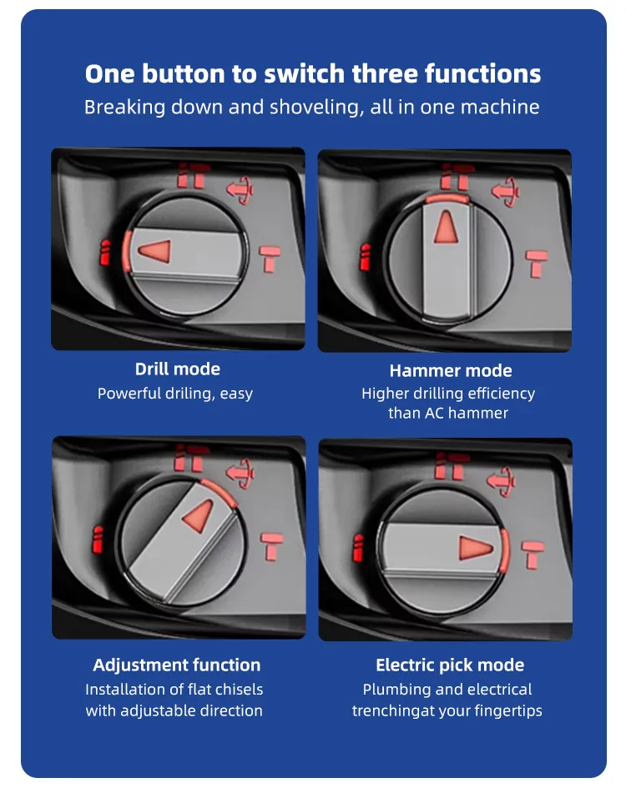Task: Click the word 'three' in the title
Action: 385,73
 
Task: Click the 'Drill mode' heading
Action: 178,369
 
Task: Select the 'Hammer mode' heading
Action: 451,370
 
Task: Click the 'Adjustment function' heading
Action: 177,665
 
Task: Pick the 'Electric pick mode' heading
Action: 450,665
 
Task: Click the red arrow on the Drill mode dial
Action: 154,251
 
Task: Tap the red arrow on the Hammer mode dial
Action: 446,227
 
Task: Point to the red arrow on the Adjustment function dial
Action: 199,515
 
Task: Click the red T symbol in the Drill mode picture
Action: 270,258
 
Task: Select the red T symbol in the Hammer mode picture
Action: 537,264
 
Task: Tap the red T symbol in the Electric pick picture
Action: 533,555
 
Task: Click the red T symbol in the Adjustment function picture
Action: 272,547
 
